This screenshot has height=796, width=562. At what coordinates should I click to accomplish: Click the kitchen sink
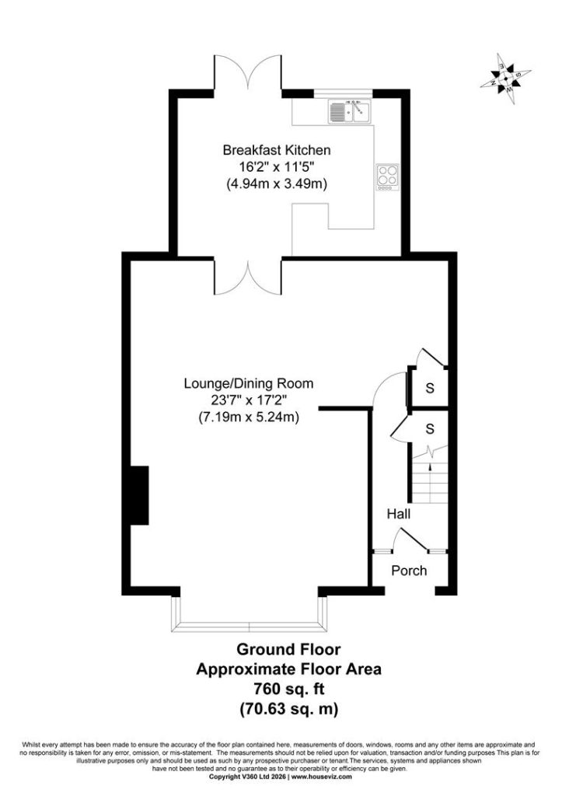click(350, 111)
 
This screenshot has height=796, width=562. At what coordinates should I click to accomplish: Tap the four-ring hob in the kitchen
click(387, 177)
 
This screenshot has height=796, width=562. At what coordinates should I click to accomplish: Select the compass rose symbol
click(506, 79)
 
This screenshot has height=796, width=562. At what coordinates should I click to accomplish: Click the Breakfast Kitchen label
click(277, 150)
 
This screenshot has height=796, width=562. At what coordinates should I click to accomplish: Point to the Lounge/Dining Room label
click(249, 383)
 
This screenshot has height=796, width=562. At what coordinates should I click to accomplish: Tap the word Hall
click(399, 515)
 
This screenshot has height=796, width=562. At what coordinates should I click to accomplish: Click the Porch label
click(409, 571)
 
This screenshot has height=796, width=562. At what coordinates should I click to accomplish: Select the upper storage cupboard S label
click(430, 389)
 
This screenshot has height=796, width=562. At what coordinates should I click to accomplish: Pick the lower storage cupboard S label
click(430, 429)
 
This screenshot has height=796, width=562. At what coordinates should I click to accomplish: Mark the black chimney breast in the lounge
click(140, 495)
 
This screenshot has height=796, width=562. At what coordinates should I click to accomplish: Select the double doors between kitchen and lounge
click(248, 278)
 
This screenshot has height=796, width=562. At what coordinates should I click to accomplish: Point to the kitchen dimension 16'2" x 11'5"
click(278, 166)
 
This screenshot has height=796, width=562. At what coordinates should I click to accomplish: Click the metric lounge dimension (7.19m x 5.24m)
click(248, 417)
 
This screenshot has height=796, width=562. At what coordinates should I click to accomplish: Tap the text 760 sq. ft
click(289, 689)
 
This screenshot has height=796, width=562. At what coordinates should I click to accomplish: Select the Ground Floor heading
click(289, 649)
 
